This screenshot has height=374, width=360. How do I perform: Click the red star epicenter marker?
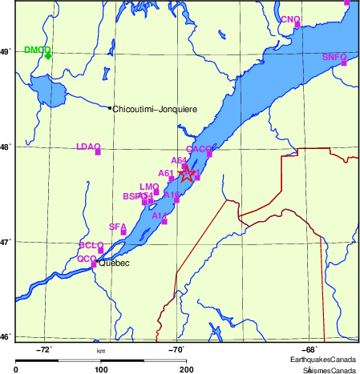click(x=186, y=173)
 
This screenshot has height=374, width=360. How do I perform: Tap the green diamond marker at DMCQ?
click(x=48, y=55)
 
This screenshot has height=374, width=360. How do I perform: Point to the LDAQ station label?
click(x=87, y=147)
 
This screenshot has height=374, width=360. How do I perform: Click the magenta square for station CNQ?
click(x=297, y=25)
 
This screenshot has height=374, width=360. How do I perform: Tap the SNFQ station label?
click(x=334, y=58)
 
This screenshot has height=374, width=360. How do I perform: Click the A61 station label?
click(x=166, y=173)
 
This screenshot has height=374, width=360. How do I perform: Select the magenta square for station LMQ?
click(x=156, y=191)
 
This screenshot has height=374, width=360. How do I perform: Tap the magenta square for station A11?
click(x=164, y=221)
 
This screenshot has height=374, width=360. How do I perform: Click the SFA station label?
click(x=118, y=227)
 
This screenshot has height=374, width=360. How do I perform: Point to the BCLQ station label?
click(x=91, y=244)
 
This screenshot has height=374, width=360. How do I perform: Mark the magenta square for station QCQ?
click(x=94, y=263)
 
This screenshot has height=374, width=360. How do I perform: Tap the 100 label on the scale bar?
click(x=101, y=369)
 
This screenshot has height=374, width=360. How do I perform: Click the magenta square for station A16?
click(x=177, y=199)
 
